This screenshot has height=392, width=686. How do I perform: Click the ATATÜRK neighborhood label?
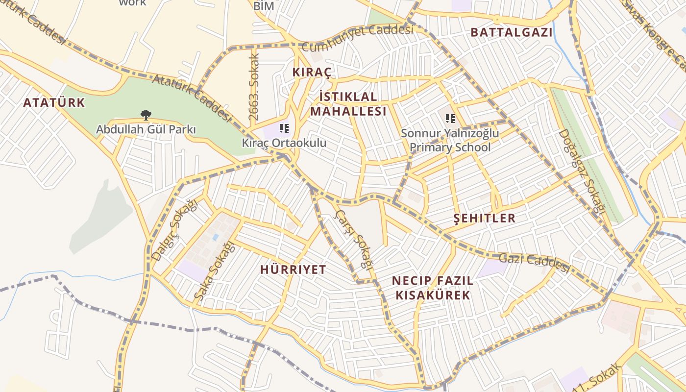click(54, 103)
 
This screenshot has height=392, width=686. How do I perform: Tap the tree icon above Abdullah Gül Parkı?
click(146, 115)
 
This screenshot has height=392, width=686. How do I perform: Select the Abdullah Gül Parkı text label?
click(146, 130)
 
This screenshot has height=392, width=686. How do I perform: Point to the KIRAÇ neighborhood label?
click(312, 73)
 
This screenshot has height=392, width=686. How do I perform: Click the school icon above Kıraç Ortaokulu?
click(284, 129)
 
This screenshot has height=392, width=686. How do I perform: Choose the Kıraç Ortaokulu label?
click(284, 143)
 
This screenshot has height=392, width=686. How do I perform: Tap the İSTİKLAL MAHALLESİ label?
click(348, 104)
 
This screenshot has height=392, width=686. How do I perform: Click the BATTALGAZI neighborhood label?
click(511, 33)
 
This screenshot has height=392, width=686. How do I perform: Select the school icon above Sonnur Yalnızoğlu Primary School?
click(450, 118)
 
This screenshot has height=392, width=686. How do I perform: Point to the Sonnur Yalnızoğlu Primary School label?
click(450, 140)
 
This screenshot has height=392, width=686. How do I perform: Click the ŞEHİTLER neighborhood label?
click(485, 218)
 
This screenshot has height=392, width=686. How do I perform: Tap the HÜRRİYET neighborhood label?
click(293, 269)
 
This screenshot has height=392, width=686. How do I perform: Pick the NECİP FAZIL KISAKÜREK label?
click(433, 288)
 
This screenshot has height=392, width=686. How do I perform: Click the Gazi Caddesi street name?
click(534, 263)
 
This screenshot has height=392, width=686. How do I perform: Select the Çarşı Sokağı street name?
click(353, 239)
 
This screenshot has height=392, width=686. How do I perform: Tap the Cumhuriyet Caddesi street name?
click(358, 38)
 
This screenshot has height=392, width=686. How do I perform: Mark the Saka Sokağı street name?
click(214, 272)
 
